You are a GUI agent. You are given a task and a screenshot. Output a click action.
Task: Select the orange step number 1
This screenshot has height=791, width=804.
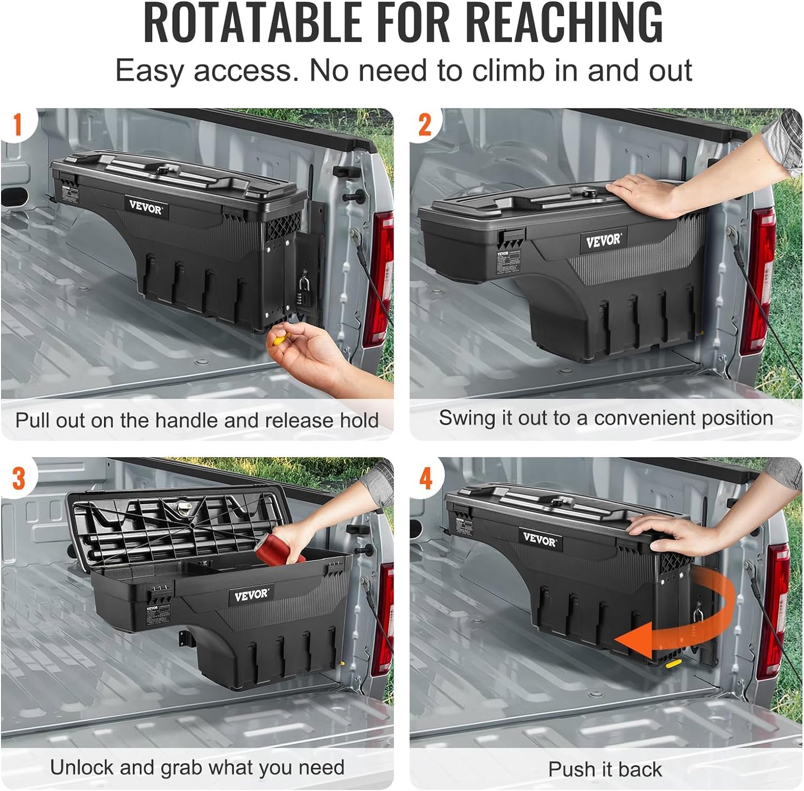[17, 125]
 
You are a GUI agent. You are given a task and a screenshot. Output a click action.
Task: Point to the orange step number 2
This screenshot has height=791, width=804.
[425, 125]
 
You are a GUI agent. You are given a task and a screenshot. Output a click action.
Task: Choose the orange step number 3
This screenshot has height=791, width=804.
[18, 478]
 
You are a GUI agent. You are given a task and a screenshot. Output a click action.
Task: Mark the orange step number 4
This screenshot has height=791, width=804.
[426, 478]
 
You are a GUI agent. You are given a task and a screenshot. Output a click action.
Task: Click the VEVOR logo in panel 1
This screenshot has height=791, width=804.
[146, 207]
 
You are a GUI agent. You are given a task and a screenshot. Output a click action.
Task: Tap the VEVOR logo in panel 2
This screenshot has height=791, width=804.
[603, 241]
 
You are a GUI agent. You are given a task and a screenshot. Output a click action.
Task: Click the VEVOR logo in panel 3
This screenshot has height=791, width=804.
[251, 595]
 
